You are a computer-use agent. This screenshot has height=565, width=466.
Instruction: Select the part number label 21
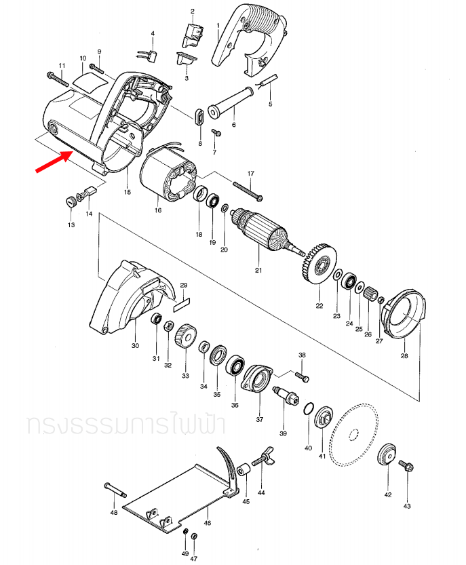click(258, 271)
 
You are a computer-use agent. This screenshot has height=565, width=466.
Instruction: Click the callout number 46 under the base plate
click(208, 523)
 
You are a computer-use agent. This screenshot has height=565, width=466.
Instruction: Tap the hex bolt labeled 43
click(407, 466)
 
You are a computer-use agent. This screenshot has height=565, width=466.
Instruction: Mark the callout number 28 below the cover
click(404, 355)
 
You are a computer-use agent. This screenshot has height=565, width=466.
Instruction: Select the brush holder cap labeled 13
click(70, 201)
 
